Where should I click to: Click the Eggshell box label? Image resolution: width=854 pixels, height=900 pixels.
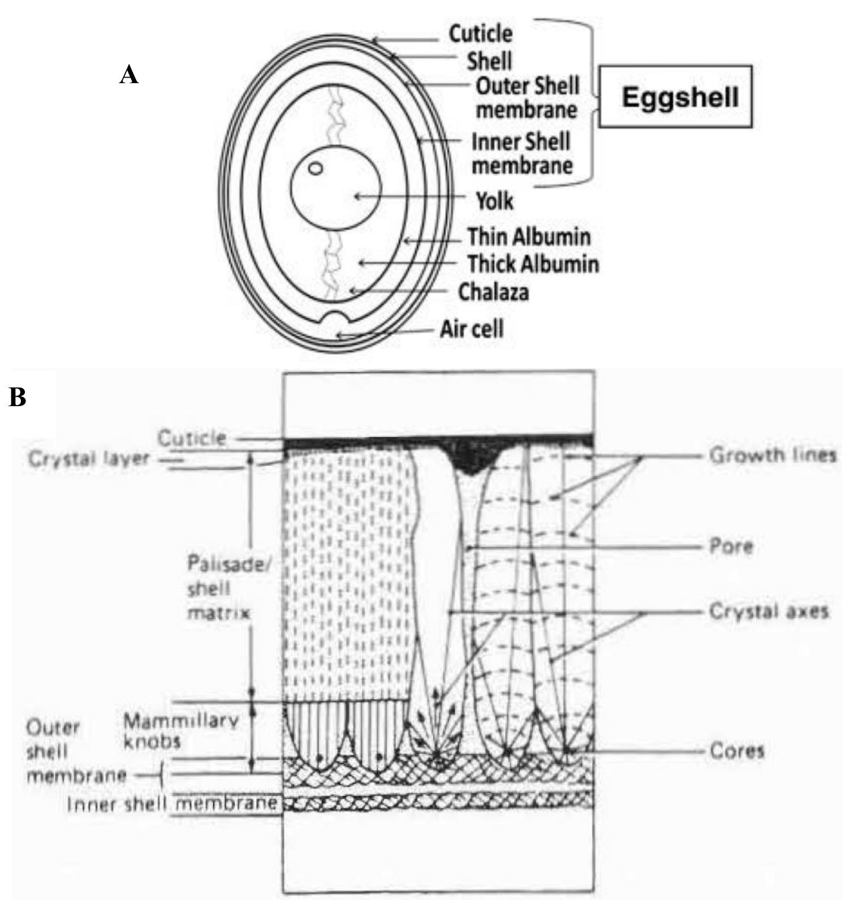click(x=680, y=97)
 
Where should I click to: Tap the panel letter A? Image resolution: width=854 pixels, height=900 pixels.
click(x=129, y=75)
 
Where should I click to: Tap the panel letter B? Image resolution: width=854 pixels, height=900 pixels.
click(x=18, y=398)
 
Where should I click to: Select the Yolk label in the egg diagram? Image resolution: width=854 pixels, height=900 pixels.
click(x=494, y=201)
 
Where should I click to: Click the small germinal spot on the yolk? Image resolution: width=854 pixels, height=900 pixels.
click(x=316, y=169)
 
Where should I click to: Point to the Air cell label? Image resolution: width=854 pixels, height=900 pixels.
click(x=472, y=329)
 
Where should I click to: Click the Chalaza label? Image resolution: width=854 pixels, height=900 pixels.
click(x=493, y=292)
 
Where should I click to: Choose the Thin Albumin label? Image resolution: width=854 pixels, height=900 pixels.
click(x=528, y=236)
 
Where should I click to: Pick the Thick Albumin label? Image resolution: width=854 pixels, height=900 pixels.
click(x=533, y=264)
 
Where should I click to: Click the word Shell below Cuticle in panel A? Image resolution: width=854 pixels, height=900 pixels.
click(x=489, y=61)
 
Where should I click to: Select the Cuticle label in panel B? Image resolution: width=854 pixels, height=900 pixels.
click(x=192, y=438)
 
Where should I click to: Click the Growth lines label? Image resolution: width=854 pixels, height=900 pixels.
click(x=773, y=455)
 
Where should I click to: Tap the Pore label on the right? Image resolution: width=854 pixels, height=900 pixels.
click(x=731, y=547)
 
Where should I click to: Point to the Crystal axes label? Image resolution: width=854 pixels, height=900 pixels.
click(x=769, y=612)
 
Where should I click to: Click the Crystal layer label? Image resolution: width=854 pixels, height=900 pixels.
click(x=89, y=459)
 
